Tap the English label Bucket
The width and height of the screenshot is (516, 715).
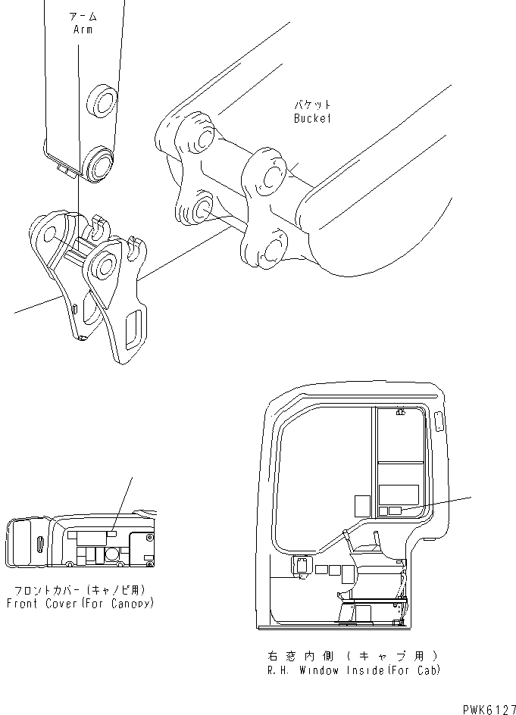(x=312, y=118)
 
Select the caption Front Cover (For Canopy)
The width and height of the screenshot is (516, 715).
(x=80, y=604)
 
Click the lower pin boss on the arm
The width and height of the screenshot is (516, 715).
(x=99, y=163)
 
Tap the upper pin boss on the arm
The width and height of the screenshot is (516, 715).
(x=102, y=100)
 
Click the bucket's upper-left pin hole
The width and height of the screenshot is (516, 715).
(x=202, y=137)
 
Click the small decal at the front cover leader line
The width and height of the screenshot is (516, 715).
(x=111, y=533)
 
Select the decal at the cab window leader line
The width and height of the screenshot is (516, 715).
(x=395, y=511)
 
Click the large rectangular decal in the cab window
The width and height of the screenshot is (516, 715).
(x=399, y=495)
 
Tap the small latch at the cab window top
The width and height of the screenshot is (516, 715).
(x=399, y=413)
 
